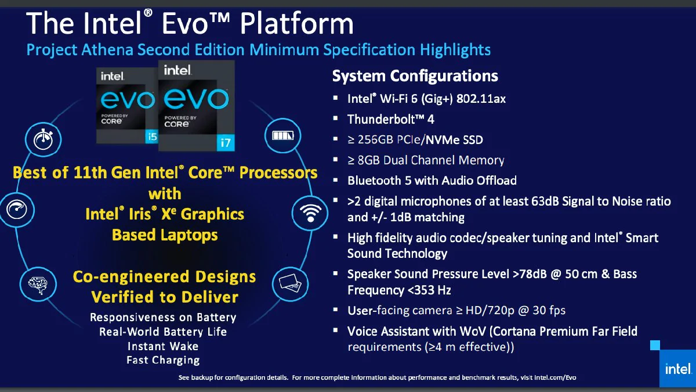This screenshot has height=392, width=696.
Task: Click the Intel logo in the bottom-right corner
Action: (x=676, y=369)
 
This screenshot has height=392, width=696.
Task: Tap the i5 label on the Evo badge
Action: (x=152, y=137)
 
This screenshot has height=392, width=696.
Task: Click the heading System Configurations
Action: (x=415, y=76)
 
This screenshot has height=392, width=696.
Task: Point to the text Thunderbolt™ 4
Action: (x=390, y=119)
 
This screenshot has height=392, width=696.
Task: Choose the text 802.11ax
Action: (x=481, y=99)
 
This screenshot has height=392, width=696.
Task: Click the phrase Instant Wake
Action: (x=163, y=346)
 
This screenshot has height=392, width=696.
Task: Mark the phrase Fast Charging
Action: (x=163, y=360)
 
